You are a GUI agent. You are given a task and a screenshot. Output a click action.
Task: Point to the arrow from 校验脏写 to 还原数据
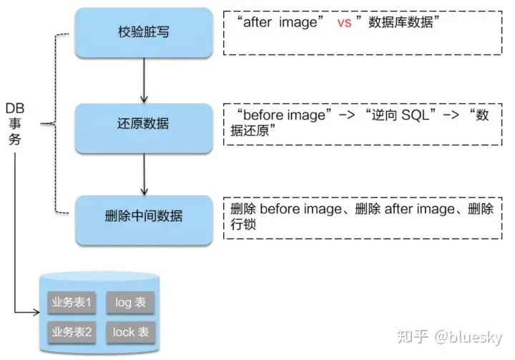point(144,79)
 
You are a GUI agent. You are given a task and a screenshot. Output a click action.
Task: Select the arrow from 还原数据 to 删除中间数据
point(144,170)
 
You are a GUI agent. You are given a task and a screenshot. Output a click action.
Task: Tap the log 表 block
point(130,302)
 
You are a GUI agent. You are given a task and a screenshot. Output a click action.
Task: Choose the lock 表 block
point(130,331)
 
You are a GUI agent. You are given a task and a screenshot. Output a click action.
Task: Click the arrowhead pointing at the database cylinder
point(36,313)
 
